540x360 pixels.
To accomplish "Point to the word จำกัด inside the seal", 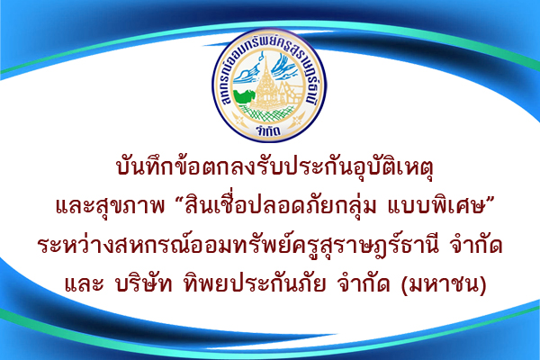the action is tap(268, 130).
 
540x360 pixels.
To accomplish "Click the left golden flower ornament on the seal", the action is tap(238, 121).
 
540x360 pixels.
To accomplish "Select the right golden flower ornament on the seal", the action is tap(297, 121).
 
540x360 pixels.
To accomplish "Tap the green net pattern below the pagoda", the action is tap(267, 112).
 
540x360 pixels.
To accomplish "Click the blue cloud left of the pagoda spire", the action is tap(247, 72).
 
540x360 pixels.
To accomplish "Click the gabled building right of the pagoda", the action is tap(291, 93).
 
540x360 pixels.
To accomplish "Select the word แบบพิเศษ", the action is tap(436, 206).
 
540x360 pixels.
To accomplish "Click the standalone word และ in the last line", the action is tap(84, 284).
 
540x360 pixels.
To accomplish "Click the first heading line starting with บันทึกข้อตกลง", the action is tap(274, 167).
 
